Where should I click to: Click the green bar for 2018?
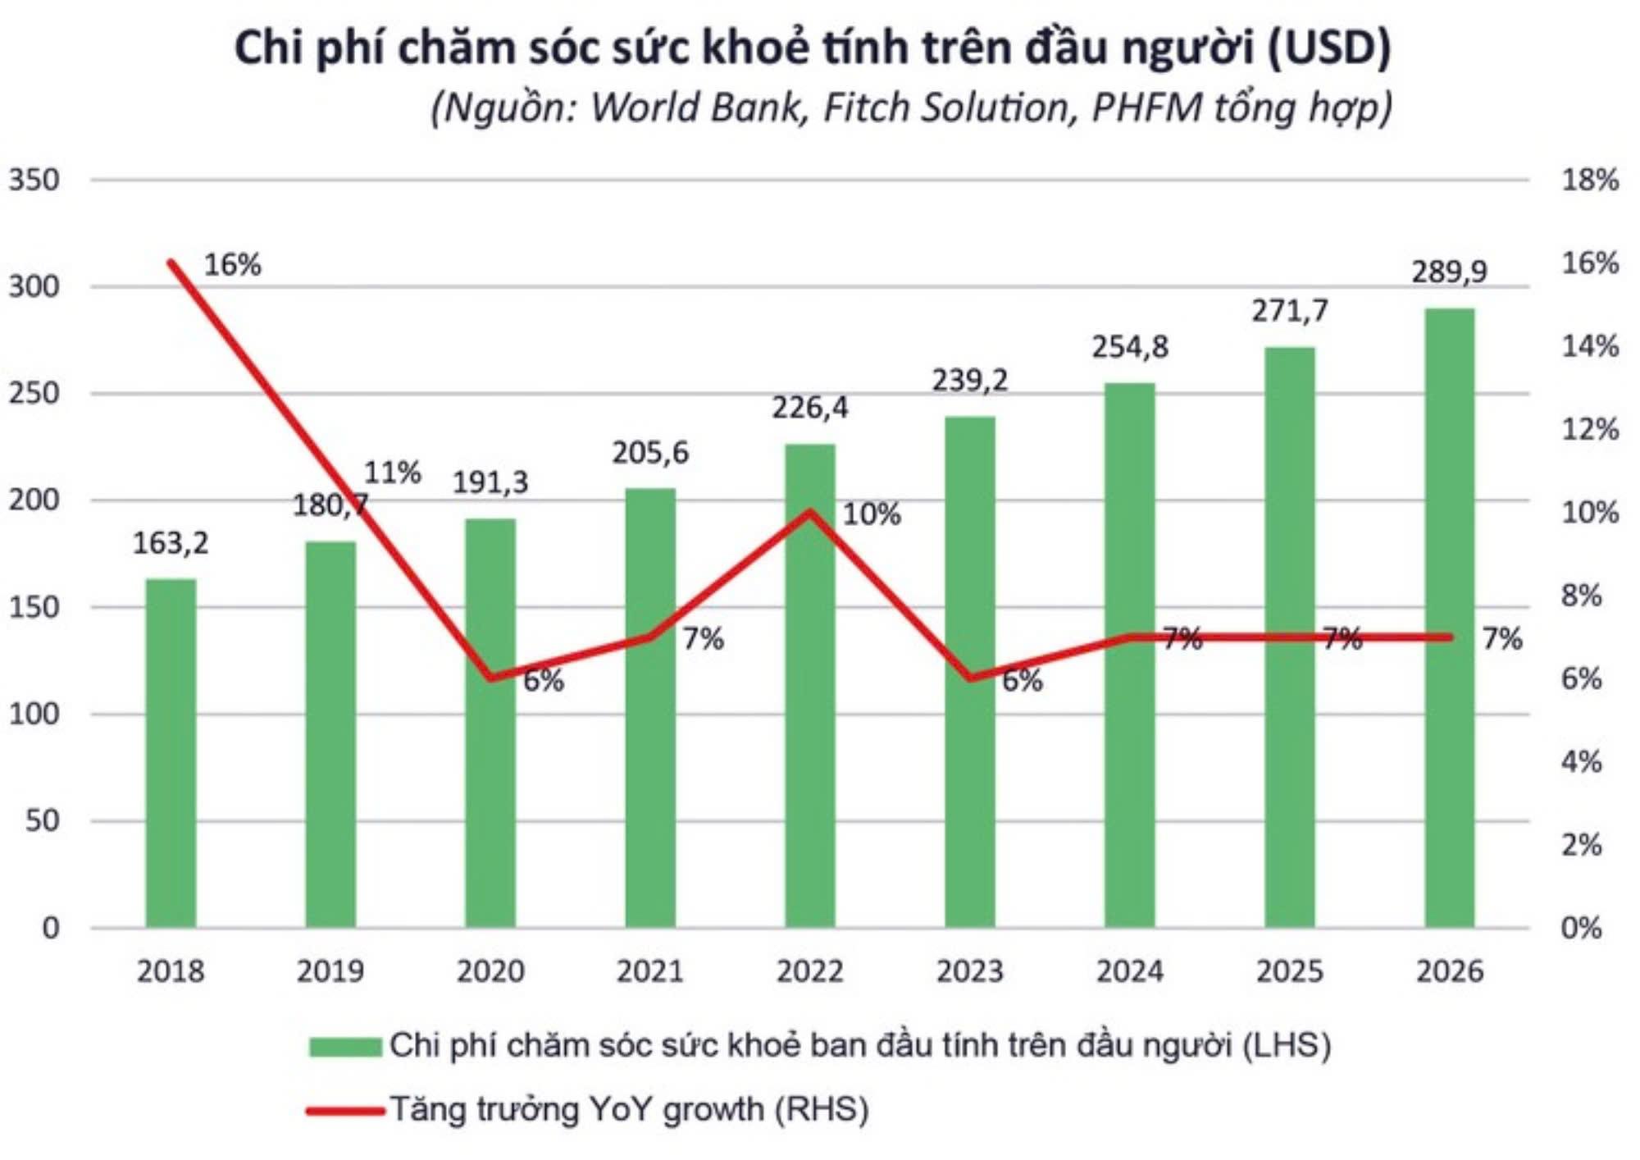point(171,755)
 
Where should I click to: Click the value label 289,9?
point(1449,272)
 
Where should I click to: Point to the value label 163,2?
point(171,543)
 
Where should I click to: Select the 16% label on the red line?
point(232,265)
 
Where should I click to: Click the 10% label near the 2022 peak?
point(872,514)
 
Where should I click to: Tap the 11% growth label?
point(393,473)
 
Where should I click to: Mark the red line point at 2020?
point(490,678)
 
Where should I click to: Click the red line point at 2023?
point(970,678)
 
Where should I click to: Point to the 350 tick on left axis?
point(34,180)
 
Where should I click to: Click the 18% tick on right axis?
point(1589,180)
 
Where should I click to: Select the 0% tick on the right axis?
point(1581,928)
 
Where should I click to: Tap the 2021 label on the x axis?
point(650,971)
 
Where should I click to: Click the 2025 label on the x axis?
point(1289,971)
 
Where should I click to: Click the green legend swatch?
point(345,1047)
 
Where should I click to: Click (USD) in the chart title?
point(1328,47)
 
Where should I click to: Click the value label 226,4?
point(809,408)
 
